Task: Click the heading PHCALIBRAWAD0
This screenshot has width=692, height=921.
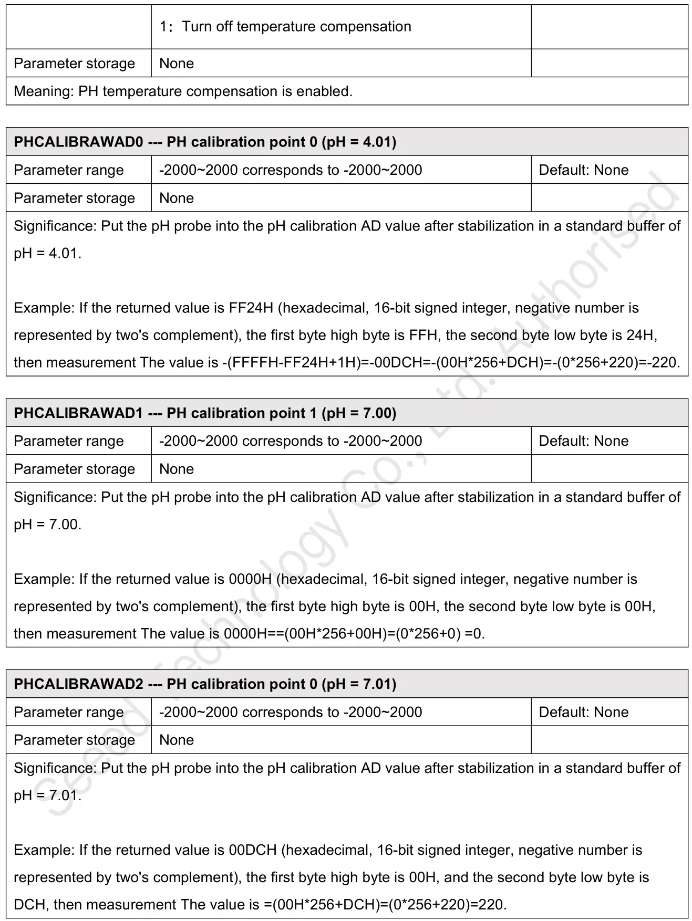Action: tap(78, 142)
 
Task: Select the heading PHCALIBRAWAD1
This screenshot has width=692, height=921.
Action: tap(78, 413)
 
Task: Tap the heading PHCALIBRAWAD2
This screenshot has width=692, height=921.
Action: tap(78, 684)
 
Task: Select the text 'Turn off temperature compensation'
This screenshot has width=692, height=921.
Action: tap(296, 27)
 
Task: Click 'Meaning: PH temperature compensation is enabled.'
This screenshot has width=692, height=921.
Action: tap(183, 91)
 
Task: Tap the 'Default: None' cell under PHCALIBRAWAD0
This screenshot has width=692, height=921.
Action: tap(584, 170)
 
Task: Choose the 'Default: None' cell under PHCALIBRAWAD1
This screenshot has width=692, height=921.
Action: tap(584, 441)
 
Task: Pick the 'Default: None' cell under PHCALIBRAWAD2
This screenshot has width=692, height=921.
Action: tap(584, 712)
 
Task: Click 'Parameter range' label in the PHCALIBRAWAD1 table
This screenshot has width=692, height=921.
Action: tap(69, 441)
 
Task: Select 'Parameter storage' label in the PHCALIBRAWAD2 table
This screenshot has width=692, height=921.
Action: tap(74, 740)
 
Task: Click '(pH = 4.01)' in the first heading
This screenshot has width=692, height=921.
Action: tap(359, 142)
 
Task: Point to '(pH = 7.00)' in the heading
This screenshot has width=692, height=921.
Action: tap(359, 413)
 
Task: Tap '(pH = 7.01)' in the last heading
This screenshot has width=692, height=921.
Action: tap(359, 684)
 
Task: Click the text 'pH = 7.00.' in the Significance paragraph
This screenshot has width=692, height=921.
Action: tap(47, 525)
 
